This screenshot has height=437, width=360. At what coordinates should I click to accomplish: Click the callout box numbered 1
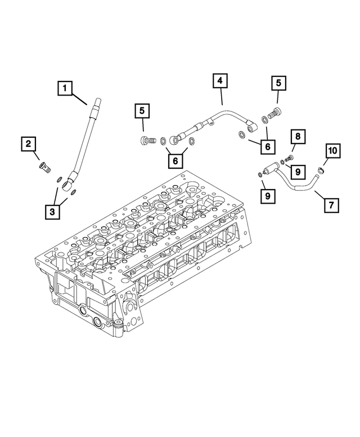pos(65,88)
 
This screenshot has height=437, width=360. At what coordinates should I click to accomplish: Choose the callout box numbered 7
pos(332,204)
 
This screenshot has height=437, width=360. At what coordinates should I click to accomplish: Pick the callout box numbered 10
pos(333,150)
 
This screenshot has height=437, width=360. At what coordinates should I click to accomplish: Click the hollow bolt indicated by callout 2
pos(44,166)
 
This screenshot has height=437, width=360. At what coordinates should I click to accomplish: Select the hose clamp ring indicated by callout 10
pos(320,170)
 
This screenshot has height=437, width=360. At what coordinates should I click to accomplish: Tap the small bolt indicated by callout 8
pos(290,157)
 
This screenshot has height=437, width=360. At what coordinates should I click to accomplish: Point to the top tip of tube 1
pos(98,101)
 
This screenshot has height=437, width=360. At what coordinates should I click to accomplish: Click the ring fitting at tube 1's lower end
pos(69,182)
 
